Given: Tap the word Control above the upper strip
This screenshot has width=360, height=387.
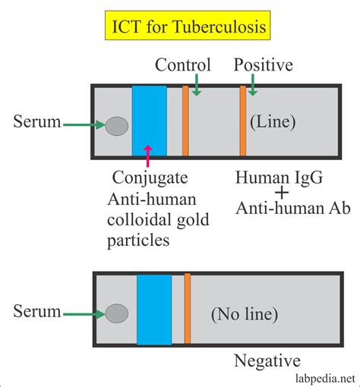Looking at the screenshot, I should [182, 66].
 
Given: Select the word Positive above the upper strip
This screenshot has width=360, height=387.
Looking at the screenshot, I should [263, 66].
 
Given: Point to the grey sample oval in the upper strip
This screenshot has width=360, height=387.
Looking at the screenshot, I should [116, 126].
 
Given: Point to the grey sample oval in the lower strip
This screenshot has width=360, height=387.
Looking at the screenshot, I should [116, 313].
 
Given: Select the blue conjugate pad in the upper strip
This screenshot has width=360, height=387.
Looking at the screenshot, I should [149, 121].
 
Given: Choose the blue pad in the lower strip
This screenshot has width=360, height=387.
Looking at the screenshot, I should [153, 311].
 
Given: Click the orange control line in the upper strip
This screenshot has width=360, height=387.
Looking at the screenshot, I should [185, 121].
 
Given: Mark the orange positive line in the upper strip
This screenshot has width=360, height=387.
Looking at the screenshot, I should [243, 121].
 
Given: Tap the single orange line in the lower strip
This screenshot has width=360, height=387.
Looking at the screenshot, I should [188, 311].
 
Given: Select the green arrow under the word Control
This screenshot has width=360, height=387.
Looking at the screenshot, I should [196, 86].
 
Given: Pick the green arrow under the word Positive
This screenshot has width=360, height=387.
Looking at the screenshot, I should [253, 86].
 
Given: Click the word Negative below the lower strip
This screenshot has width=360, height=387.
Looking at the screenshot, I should [267, 361].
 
